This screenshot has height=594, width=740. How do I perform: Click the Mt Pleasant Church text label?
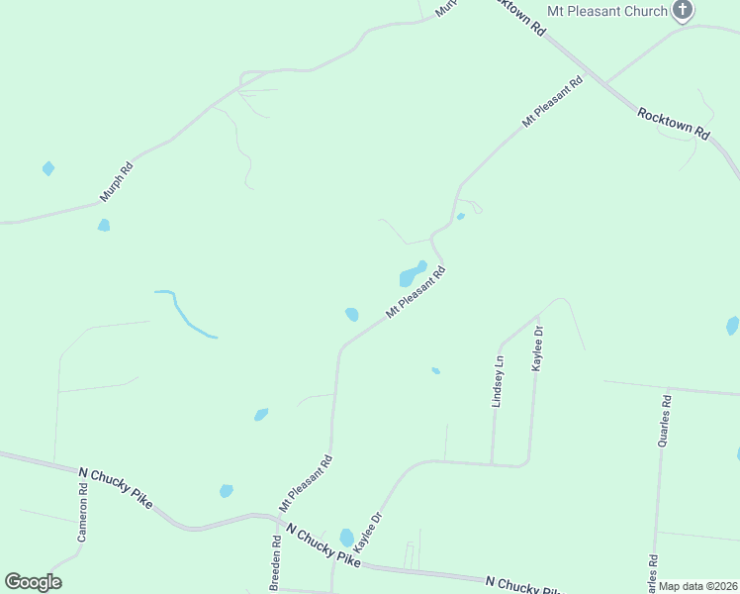pos(607,12)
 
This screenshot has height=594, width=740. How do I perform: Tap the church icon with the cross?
pos(682,11)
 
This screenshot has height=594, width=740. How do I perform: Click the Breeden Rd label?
pos(276,563)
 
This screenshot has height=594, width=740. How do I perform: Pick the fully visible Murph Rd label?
pos(117,181)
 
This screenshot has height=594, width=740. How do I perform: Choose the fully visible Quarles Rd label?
pos(666,421)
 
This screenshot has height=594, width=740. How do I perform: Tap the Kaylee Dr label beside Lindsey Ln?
pos(538,348)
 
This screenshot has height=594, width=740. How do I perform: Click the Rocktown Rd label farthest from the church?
pos(674,123)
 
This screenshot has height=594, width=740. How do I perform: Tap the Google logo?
pos(33,582)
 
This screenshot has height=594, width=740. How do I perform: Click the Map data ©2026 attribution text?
pos(698,586)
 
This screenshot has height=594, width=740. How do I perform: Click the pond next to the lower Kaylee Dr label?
pos(346,538)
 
